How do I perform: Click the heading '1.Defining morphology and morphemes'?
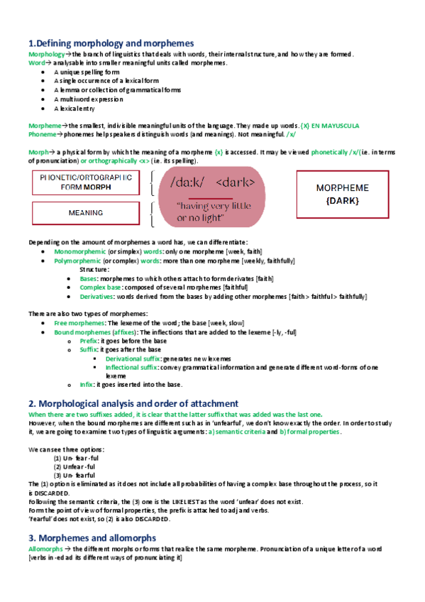111,43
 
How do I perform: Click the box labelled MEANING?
85,212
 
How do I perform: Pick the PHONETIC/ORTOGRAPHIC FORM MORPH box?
85,182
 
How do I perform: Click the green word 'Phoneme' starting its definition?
41,133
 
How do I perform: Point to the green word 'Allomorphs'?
45,549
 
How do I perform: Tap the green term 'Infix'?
88,385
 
